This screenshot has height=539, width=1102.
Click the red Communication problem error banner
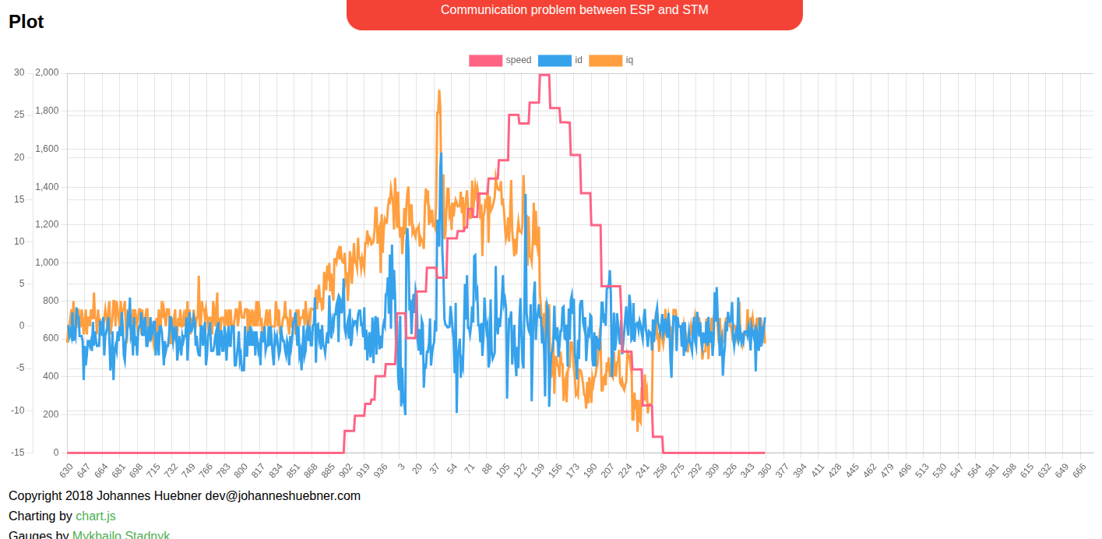point(574,11)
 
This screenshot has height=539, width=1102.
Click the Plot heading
point(26,22)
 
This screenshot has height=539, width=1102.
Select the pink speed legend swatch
point(485,61)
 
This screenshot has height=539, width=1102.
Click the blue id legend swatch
point(555,61)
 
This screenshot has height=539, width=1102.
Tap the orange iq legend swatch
point(605,61)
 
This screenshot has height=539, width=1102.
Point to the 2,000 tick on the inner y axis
point(47,72)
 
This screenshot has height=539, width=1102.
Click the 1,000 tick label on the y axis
point(47,262)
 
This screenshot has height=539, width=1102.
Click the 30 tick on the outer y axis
point(19,72)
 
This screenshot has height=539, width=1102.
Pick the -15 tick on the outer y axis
point(17,453)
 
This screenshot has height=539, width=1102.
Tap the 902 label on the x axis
point(345,470)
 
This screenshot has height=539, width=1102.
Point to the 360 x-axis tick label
point(765,470)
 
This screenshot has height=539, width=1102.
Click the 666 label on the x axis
point(1079,470)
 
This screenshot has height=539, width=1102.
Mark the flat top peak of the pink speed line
point(544,75)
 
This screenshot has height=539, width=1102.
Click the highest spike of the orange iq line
point(439,91)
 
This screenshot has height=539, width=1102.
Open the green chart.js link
point(96,516)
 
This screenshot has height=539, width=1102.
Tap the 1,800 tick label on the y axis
point(47,111)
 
